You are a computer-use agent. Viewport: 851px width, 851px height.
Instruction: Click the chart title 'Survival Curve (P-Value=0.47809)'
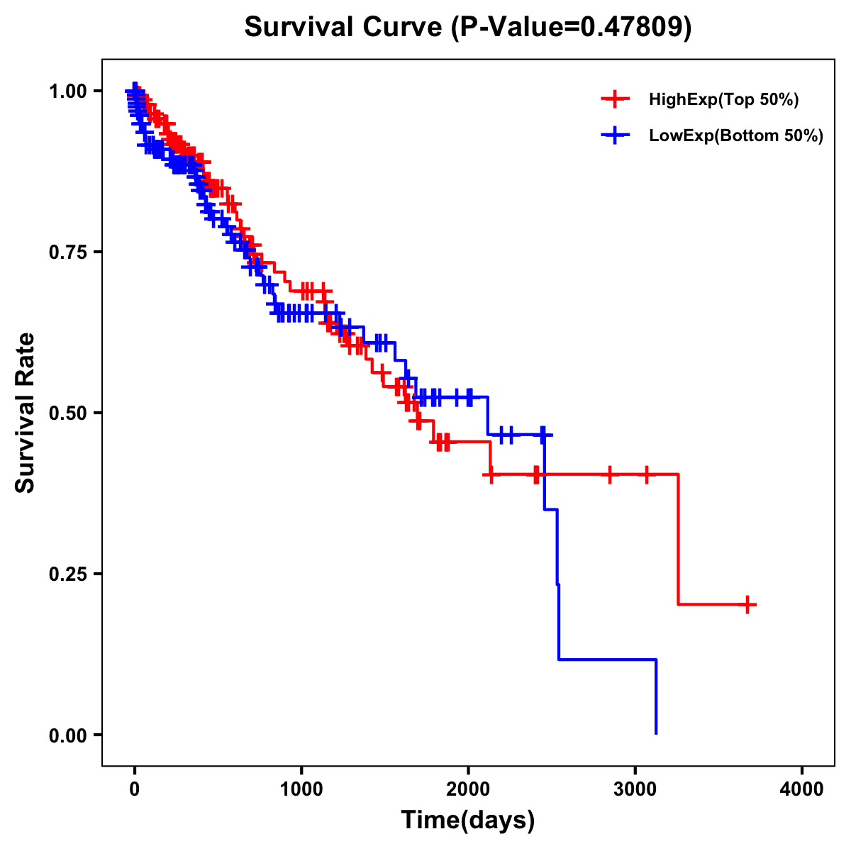[467, 27]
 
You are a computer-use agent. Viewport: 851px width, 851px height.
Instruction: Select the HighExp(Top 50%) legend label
[723, 100]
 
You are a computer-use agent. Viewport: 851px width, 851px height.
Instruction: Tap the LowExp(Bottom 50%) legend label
[736, 135]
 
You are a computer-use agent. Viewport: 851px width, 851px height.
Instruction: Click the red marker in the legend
[615, 99]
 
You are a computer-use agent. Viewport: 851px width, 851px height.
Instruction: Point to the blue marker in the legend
[615, 135]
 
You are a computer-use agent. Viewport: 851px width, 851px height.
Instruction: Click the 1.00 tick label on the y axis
[67, 91]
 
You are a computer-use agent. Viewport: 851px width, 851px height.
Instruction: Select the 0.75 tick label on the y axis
[67, 252]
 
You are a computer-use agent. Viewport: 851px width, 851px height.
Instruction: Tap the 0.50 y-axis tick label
[67, 413]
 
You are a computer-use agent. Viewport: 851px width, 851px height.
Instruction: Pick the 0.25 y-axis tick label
[67, 574]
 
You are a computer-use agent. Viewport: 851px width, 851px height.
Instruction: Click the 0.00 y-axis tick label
[67, 735]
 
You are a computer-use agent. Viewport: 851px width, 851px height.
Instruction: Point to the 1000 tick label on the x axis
[301, 789]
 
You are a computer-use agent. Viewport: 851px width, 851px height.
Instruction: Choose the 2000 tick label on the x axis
[468, 789]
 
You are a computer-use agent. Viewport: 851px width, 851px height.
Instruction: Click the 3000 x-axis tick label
[635, 789]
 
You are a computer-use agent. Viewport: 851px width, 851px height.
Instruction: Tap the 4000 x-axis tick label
[802, 789]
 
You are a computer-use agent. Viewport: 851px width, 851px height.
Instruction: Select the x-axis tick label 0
[135, 789]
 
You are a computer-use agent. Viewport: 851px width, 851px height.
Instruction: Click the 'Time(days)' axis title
[468, 821]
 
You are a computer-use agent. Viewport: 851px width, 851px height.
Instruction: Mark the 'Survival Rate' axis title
[26, 413]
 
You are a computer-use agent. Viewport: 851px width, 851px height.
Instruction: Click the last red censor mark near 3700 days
[747, 604]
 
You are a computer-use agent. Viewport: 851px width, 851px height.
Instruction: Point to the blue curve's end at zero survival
[656, 733]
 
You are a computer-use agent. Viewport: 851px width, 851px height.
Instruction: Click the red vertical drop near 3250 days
[678, 539]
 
